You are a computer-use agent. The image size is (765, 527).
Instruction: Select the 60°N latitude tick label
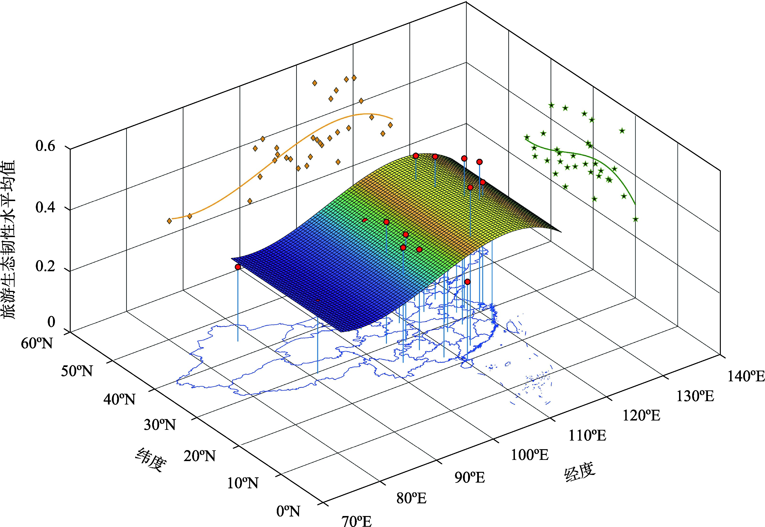(x=37, y=343)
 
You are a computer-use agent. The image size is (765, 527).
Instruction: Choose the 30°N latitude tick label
(x=160, y=425)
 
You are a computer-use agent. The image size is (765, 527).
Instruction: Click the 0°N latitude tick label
(x=288, y=511)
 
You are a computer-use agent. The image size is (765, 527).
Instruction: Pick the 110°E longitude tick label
(x=587, y=436)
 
